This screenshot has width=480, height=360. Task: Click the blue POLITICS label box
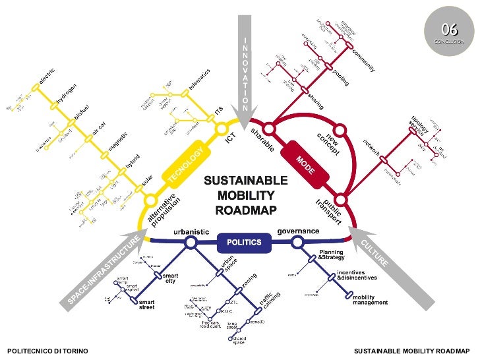coord(244,242)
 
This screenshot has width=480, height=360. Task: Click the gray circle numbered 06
coord(450,30)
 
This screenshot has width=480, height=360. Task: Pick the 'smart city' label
coord(170,278)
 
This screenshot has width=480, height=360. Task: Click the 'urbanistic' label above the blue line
coord(191,231)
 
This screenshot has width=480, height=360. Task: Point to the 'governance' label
coord(298,231)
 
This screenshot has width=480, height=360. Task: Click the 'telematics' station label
coord(198,79)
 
